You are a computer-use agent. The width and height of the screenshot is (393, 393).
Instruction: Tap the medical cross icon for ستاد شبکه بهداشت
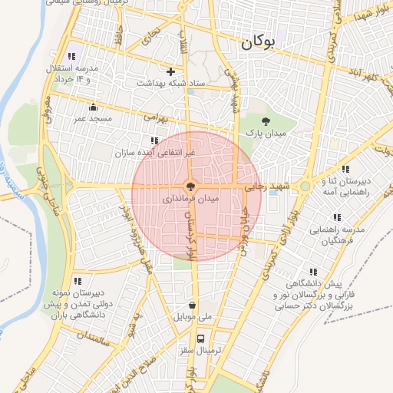tap(170, 71)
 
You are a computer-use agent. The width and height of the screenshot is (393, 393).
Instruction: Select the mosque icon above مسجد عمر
tap(94, 107)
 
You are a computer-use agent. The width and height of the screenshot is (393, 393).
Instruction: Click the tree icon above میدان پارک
tap(266, 121)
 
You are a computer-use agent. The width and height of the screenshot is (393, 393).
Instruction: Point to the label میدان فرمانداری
tap(191, 198)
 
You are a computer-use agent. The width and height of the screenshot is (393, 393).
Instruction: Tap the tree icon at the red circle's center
tap(190, 186)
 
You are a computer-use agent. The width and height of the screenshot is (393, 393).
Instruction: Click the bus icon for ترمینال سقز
tap(200, 338)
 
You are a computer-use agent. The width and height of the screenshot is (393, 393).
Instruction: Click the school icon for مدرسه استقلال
tap(73, 56)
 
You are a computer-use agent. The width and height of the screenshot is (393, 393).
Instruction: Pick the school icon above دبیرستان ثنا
tap(345, 169)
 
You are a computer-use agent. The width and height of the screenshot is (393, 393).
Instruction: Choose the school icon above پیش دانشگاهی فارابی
tap(312, 272)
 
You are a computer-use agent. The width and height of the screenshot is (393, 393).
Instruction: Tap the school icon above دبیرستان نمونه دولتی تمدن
tap(78, 282)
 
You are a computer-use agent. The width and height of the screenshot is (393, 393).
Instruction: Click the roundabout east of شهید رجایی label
tap(305, 186)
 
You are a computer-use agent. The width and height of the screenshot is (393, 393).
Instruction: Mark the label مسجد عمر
tap(94, 119)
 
